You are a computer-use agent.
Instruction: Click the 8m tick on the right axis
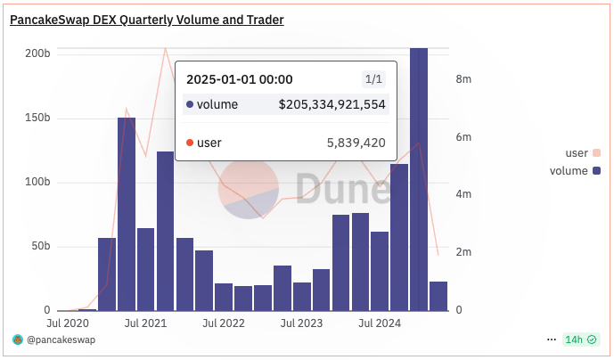(x=463, y=79)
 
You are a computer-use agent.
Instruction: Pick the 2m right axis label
(x=463, y=252)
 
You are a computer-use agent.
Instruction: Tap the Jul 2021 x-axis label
(x=144, y=323)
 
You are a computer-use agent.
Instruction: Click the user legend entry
(x=577, y=153)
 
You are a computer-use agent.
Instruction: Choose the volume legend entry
(x=569, y=170)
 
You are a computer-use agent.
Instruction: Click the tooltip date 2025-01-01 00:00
(x=240, y=80)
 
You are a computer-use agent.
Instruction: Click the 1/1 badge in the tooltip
(x=373, y=80)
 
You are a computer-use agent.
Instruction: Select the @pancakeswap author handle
(x=61, y=340)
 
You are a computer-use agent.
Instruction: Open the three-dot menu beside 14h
(x=552, y=340)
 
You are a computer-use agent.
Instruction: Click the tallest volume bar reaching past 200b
(x=418, y=178)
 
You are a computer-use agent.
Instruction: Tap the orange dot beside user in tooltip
(x=190, y=143)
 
